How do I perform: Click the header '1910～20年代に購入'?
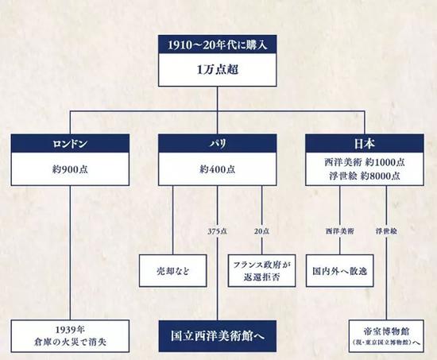218,45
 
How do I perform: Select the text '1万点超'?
218,69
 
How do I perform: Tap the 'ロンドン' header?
70,143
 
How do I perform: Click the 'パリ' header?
218,143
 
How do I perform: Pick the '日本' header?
365,143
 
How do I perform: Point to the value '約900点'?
70,169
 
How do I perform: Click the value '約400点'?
218,169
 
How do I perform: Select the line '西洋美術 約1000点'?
365,162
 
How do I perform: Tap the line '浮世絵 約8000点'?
365,176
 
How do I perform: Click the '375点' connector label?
218,231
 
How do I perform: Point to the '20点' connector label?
261,231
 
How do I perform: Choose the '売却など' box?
173,271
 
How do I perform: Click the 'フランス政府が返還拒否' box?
261,271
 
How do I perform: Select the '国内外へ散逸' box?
340,271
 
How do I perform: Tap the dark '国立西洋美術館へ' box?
218,336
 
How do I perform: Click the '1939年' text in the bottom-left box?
70,330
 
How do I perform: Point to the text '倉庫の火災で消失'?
70,342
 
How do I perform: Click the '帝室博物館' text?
386,331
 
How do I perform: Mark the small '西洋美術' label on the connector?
340,231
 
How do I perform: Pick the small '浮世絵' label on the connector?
386,231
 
